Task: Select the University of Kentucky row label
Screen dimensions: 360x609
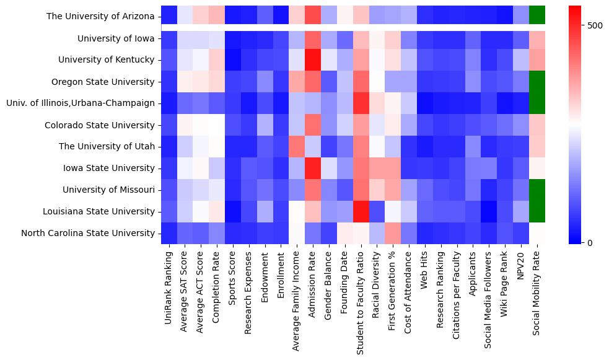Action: pyautogui.click(x=106, y=60)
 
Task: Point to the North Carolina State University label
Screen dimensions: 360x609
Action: pyautogui.click(x=87, y=233)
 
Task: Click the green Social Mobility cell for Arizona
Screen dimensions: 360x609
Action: pyautogui.click(x=537, y=14)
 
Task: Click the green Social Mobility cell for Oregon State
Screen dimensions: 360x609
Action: pyautogui.click(x=537, y=82)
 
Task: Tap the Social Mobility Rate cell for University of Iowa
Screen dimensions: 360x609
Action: pyautogui.click(x=537, y=38)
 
